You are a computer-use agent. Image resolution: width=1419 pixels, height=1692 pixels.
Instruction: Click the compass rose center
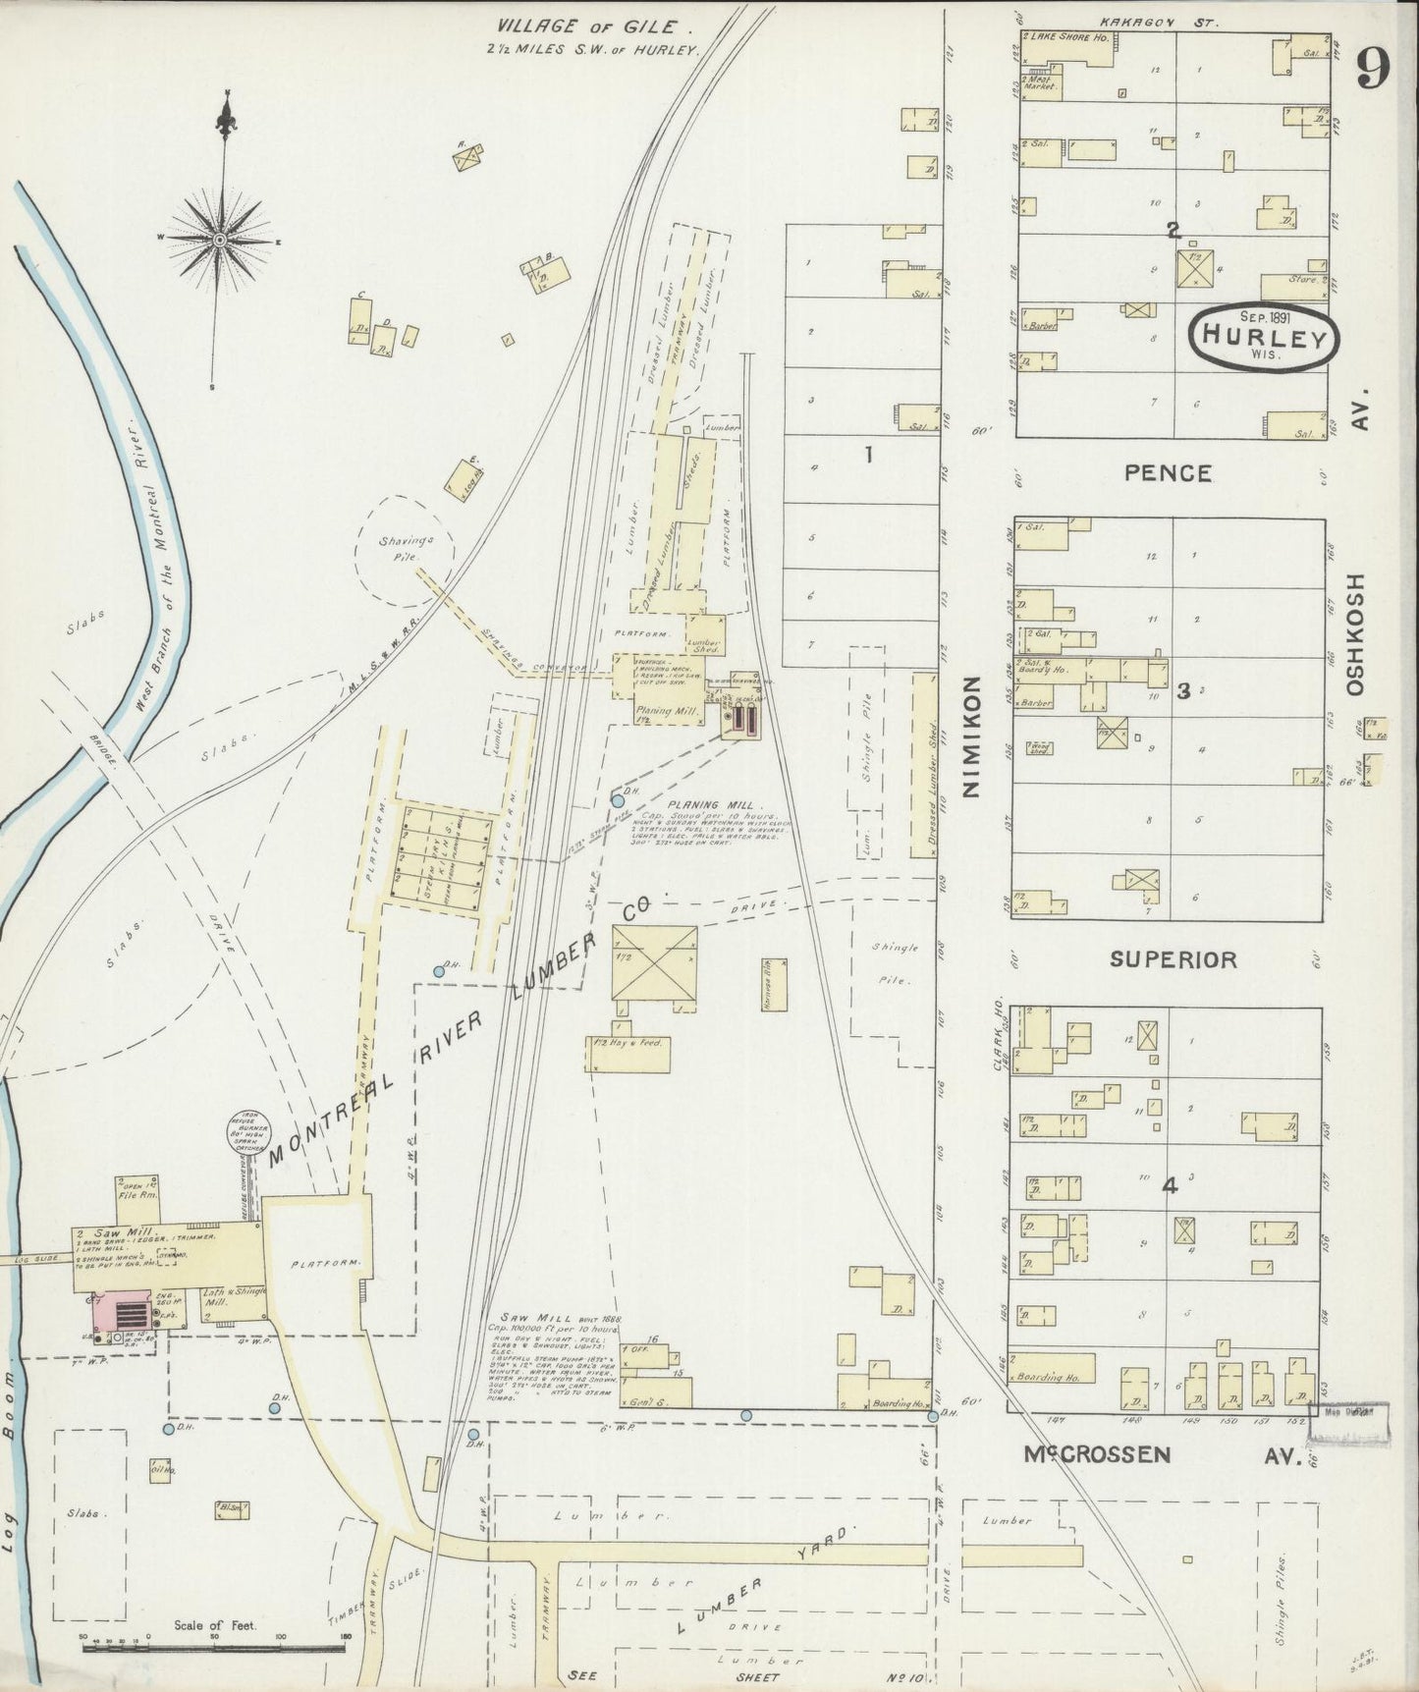pyautogui.click(x=219, y=240)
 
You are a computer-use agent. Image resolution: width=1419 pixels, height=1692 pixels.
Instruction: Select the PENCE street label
pyautogui.click(x=1168, y=473)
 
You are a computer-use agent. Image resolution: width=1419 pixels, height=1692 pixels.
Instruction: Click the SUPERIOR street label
pyautogui.click(x=1173, y=959)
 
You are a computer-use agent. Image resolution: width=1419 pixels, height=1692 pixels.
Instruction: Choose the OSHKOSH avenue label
pyautogui.click(x=1356, y=633)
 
